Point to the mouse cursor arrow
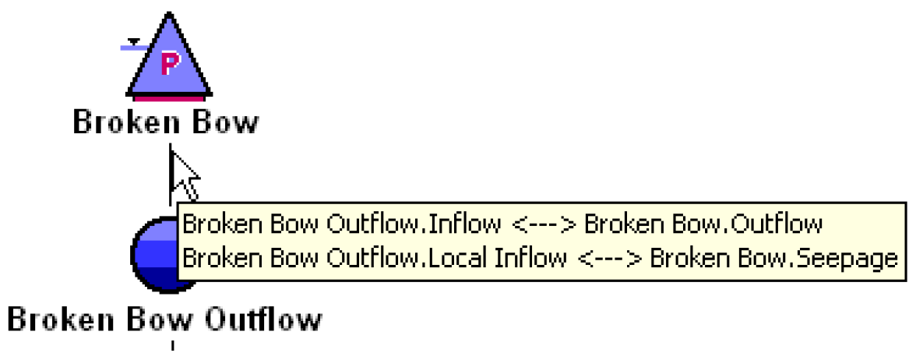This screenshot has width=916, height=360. point(184,175)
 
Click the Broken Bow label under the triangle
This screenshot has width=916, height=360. point(165,122)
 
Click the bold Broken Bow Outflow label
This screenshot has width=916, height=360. point(164,319)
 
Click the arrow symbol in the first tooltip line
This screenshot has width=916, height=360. point(543,225)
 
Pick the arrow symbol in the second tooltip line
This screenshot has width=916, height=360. point(608,259)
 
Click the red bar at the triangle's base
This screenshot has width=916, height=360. point(169,98)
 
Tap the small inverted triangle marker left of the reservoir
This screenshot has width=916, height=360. point(134,41)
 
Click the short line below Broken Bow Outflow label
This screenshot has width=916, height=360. point(172,345)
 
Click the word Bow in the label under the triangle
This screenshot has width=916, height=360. point(225,122)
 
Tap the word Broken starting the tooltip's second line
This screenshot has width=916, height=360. point(211,258)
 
